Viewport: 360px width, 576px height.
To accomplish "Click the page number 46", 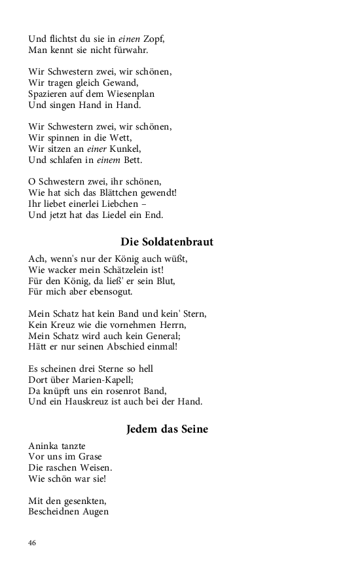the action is tap(32, 543).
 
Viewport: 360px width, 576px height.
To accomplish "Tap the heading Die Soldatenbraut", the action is tap(167, 242).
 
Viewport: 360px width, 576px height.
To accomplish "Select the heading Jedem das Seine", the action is tap(167, 429).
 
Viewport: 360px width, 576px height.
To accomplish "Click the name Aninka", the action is tap(44, 446).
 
